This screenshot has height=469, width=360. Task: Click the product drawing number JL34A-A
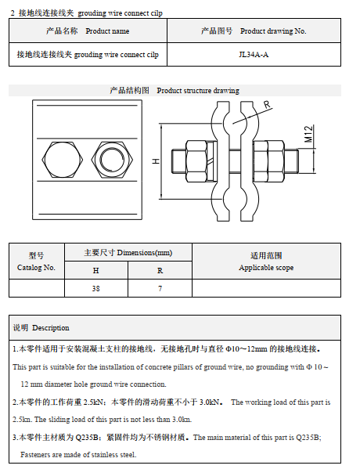[x=253, y=55]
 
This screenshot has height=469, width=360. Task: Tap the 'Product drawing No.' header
[x=254, y=31]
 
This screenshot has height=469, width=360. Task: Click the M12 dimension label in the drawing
[x=309, y=134]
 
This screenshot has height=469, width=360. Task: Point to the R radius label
[x=267, y=104]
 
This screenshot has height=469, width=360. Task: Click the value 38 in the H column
[x=95, y=289]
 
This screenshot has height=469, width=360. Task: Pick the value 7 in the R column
[x=160, y=289]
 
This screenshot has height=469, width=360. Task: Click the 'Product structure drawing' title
[x=198, y=91]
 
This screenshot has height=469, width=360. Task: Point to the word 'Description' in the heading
[x=51, y=327]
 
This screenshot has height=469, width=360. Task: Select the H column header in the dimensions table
[x=95, y=270]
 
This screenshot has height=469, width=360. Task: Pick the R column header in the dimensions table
[x=160, y=270]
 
